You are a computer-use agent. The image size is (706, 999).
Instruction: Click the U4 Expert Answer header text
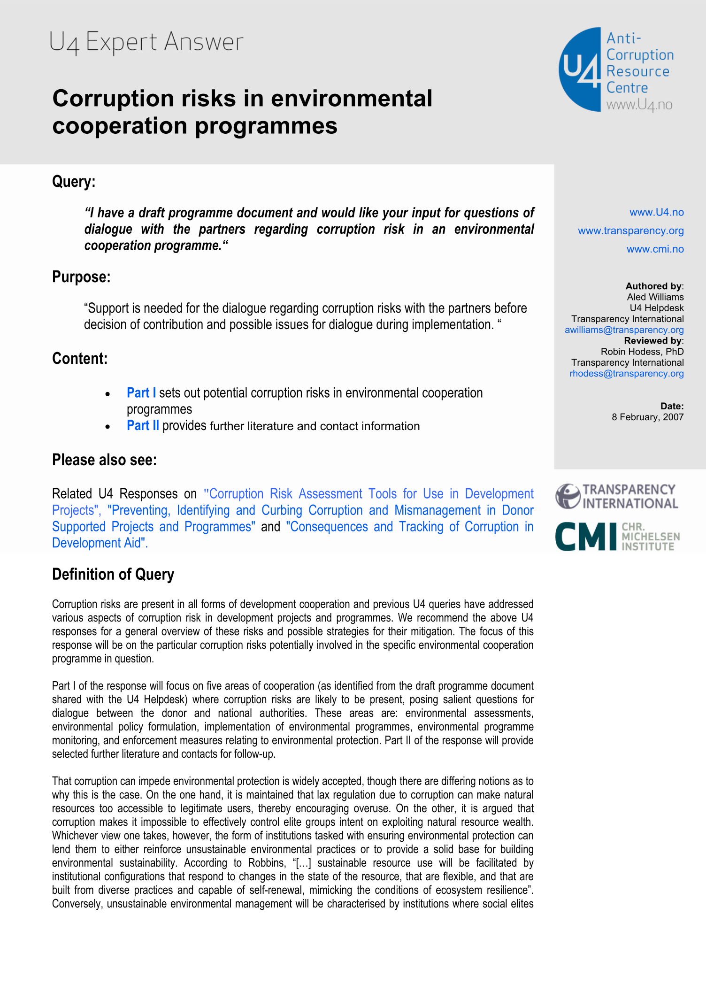(146, 42)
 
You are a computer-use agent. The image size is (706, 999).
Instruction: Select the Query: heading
(74, 182)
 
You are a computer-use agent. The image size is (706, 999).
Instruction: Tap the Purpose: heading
(81, 277)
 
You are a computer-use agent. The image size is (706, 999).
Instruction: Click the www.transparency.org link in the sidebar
(630, 231)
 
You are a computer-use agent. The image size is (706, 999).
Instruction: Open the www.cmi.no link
(655, 249)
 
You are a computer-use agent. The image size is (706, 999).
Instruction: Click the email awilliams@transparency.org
(624, 330)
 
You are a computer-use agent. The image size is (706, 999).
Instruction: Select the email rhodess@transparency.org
(626, 374)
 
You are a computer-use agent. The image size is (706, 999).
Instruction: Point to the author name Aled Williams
(655, 297)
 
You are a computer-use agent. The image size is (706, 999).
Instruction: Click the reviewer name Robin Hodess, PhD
(642, 352)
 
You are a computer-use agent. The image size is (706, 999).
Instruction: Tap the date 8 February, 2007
(647, 417)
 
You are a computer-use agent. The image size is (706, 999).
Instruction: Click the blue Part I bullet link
(141, 393)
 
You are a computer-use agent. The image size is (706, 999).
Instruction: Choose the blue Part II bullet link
(143, 426)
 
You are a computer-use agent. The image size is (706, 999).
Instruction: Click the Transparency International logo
(617, 497)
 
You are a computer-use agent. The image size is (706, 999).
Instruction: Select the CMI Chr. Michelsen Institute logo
(617, 536)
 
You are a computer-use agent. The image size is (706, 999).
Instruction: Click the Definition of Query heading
(113, 575)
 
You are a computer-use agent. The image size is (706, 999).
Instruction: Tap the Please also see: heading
(104, 460)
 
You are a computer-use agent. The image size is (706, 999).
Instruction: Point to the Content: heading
(80, 359)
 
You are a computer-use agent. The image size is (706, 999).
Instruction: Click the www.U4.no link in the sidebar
(656, 212)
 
